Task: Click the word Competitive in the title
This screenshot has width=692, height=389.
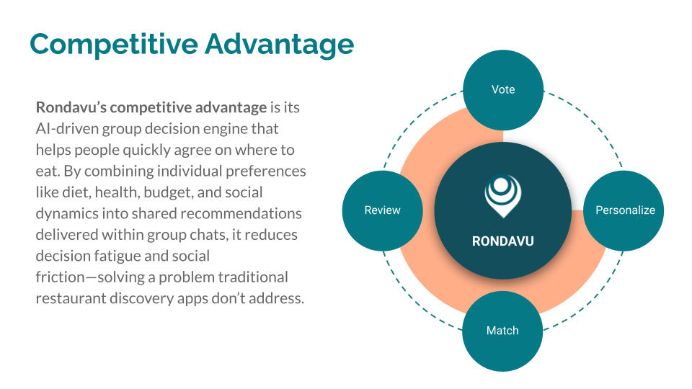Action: pyautogui.click(x=114, y=44)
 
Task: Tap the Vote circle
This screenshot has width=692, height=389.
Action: pyautogui.click(x=503, y=90)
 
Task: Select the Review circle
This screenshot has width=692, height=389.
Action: pyautogui.click(x=382, y=211)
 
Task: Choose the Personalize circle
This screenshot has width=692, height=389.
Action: pyautogui.click(x=624, y=211)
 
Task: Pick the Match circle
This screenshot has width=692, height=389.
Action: pyautogui.click(x=502, y=331)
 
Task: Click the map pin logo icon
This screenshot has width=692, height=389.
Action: pyautogui.click(x=502, y=196)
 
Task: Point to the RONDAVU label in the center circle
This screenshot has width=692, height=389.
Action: pyautogui.click(x=502, y=241)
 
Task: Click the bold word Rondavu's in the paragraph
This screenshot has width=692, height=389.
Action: pyautogui.click(x=71, y=107)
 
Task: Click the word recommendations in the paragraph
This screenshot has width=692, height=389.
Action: pyautogui.click(x=241, y=213)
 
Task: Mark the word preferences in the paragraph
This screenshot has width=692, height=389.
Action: pyautogui.click(x=266, y=171)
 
